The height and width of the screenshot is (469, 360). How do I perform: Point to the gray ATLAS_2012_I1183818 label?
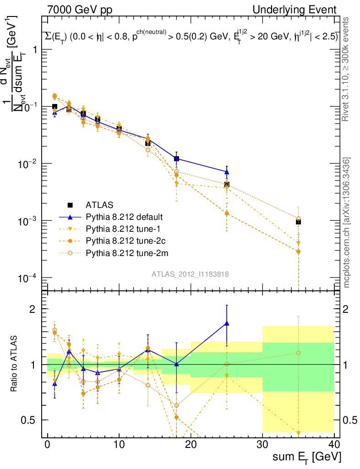[190, 274]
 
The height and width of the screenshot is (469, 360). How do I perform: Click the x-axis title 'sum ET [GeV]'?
[306, 457]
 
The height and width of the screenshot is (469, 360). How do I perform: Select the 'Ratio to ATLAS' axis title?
[15, 364]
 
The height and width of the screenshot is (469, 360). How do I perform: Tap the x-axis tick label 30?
[262, 444]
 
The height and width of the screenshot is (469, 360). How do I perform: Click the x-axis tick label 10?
[119, 444]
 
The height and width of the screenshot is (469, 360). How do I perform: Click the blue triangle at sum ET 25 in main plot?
[227, 172]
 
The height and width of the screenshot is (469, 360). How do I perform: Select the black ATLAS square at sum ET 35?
[298, 222]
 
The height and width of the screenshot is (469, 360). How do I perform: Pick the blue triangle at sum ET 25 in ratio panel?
[227, 323]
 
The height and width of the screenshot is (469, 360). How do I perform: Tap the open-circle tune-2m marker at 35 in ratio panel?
[298, 353]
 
